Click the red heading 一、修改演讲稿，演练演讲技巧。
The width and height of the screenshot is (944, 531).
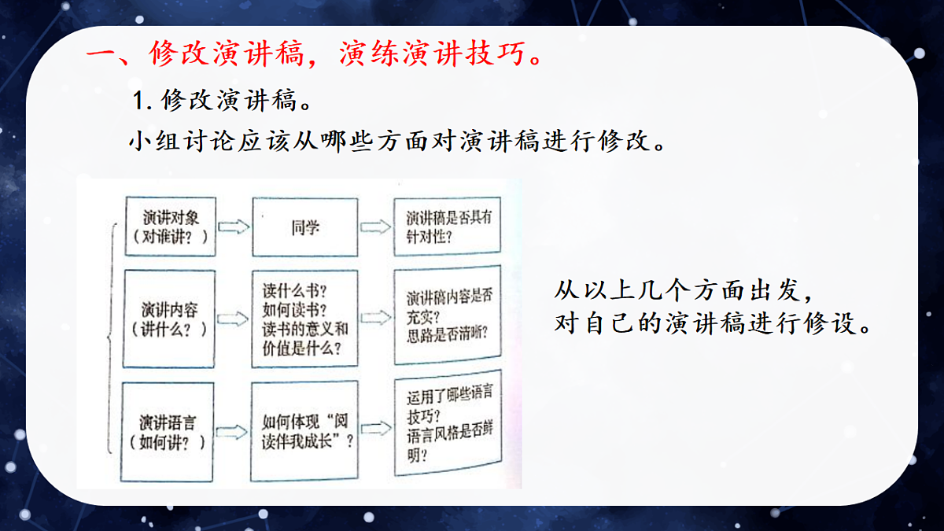[314, 55]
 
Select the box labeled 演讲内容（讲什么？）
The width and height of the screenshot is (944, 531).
[169, 318]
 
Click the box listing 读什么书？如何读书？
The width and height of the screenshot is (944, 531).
[305, 318]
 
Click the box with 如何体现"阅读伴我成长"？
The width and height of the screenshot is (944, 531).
[305, 431]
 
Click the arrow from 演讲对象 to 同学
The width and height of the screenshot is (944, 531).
[233, 227]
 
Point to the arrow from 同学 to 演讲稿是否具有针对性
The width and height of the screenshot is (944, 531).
[374, 227]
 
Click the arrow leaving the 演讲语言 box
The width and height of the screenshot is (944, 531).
[233, 431]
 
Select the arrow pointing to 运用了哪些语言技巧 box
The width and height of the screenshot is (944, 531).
[374, 429]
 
